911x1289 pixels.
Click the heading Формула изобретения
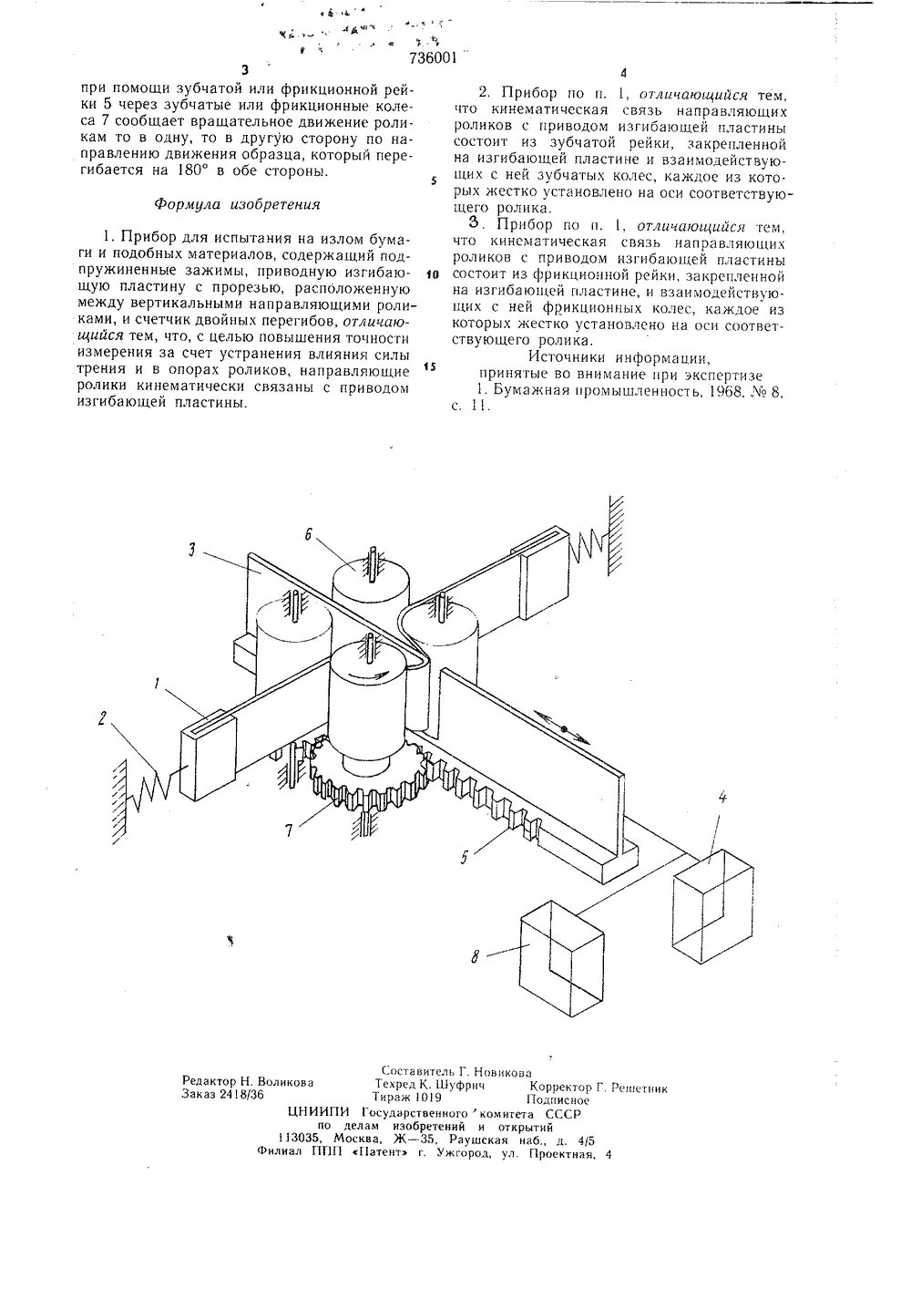tap(236, 204)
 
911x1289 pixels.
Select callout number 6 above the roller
tap(310, 535)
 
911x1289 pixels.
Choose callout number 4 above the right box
tap(722, 798)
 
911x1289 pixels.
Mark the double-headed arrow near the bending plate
tap(563, 728)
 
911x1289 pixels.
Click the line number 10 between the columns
tap(433, 273)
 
